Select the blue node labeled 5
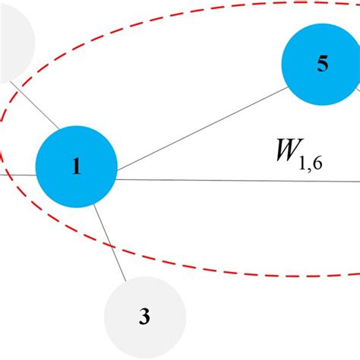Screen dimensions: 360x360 [x=322, y=65]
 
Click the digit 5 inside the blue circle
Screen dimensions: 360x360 [x=322, y=65]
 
